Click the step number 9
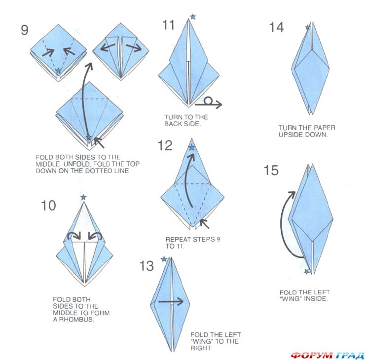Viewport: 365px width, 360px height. pos(25,30)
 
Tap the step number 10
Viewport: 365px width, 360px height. pos(48,206)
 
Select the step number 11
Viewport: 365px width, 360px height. pos(168,25)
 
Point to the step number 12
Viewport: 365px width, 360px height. pos(165,145)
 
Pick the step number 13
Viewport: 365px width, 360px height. pos(146,266)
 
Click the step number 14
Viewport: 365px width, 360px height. pos(277,27)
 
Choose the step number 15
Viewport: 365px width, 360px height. pos(271,170)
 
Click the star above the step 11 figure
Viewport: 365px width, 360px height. pos(193,17)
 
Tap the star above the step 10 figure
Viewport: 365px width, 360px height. pos(83,197)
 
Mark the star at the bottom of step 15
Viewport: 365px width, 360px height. pos(307,271)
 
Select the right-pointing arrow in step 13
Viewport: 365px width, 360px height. pos(171,302)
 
